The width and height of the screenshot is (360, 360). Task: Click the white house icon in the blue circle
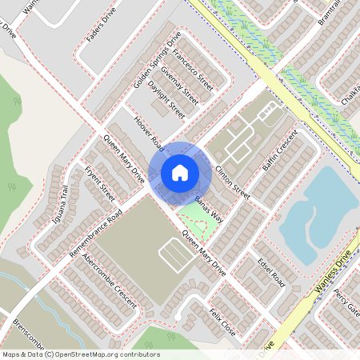pyautogui.click(x=180, y=172)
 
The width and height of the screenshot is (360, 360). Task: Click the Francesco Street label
pyautogui.click(x=193, y=70)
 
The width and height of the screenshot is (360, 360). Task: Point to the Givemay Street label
pyautogui.click(x=179, y=86)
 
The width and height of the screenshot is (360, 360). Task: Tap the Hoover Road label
pyautogui.click(x=149, y=132)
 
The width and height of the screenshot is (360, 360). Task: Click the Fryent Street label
pyautogui.click(x=99, y=181)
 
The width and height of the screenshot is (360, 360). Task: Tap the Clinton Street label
pyautogui.click(x=233, y=182)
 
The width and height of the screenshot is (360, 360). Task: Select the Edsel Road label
pyautogui.click(x=271, y=273)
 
